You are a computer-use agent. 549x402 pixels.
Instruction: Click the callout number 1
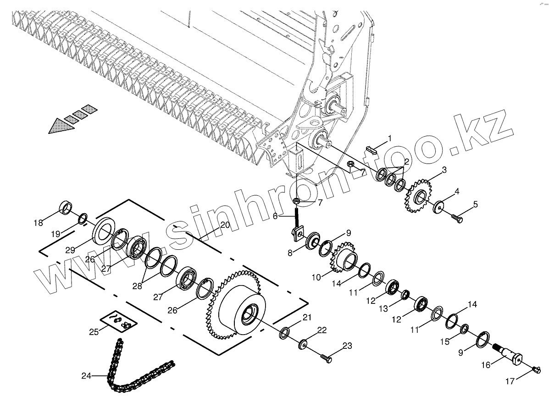tap(390, 138)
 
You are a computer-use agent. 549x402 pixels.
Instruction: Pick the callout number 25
tap(94, 331)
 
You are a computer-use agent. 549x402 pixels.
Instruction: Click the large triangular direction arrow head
tap(61, 125)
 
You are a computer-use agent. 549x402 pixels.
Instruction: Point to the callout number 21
tap(306, 317)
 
